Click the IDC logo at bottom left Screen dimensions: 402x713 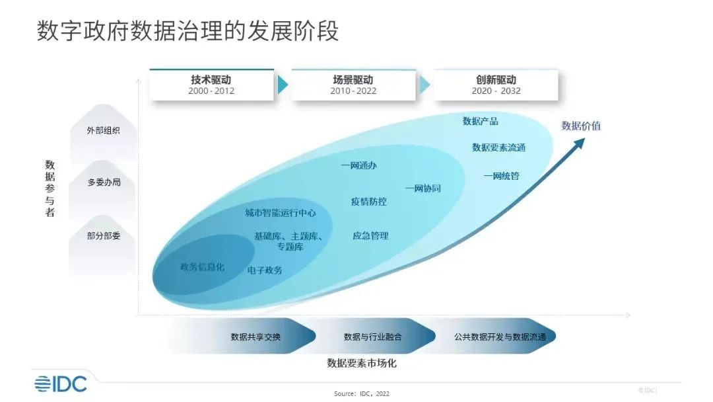[61, 383]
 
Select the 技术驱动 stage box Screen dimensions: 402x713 [211, 85]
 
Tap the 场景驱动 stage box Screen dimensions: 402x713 [353, 85]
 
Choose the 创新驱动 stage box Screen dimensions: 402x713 [496, 85]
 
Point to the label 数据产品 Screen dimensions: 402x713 [481, 121]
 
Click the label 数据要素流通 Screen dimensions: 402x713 [498, 147]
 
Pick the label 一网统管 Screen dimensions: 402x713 [501, 176]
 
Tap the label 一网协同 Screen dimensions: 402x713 [423, 188]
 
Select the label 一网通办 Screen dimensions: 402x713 [359, 166]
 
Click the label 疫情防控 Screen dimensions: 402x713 [368, 202]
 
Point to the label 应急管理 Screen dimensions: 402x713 [370, 235]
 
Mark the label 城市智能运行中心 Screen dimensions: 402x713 [280, 213]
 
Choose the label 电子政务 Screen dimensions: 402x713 [265, 270]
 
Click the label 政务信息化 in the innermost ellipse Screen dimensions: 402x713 [202, 267]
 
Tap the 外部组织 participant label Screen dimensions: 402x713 [103, 130]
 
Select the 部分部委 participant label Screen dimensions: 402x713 [103, 235]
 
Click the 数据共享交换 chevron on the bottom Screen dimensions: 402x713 [256, 337]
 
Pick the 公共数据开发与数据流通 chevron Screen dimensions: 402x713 [500, 337]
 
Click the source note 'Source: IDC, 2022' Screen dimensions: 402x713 [362, 393]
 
